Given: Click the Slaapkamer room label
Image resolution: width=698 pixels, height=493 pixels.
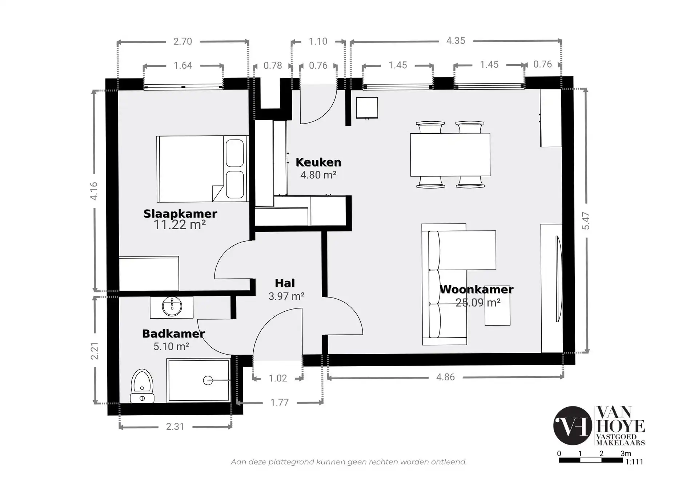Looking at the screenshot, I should coord(180,214).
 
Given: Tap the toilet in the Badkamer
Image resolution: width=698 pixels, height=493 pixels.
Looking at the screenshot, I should coord(142,386).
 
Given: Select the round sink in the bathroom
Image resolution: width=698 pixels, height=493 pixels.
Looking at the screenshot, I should coord(172,307).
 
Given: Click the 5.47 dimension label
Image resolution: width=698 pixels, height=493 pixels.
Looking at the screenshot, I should coord(586,221).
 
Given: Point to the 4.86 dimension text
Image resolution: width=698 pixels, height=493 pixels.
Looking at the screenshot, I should coord(445,377).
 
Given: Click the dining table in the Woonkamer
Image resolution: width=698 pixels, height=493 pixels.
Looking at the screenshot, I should coord(450,155).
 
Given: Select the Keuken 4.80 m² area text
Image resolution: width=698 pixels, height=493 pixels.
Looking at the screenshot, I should coord(318,175).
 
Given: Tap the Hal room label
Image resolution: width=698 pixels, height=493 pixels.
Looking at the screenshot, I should coord(285,283).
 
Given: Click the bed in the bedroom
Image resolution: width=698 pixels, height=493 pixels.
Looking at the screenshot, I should coord(202,169).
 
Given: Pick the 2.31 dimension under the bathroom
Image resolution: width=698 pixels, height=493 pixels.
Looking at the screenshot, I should coord(175,427).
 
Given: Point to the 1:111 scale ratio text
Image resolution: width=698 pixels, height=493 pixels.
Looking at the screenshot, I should coord(634,462).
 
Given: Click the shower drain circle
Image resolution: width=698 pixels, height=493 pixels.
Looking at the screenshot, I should coord(208,380).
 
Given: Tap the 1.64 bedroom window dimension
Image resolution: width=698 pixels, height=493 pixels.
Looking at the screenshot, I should coord(182,65).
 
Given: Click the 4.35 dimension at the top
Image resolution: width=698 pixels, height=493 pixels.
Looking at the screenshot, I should coord(456,41).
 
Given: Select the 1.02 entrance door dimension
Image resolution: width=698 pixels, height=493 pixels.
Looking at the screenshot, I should coord(278,379).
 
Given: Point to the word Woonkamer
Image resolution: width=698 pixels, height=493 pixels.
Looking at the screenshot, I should coord(477,290).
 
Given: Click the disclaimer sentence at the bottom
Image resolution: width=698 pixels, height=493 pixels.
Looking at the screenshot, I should coord(348,462).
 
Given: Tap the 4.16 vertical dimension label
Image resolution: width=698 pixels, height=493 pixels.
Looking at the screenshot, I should coord(94,191).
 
